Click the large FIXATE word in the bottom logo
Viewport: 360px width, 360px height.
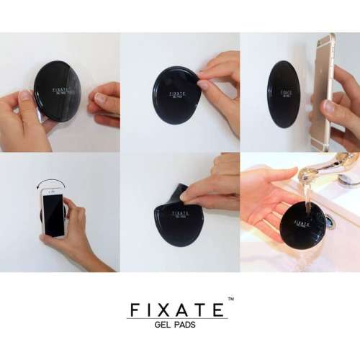[x=177, y=310]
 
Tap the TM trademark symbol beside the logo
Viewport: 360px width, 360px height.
[x=230, y=299]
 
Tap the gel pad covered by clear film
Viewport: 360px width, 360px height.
[x=58, y=90]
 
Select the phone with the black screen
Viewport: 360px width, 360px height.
[x=53, y=212]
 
